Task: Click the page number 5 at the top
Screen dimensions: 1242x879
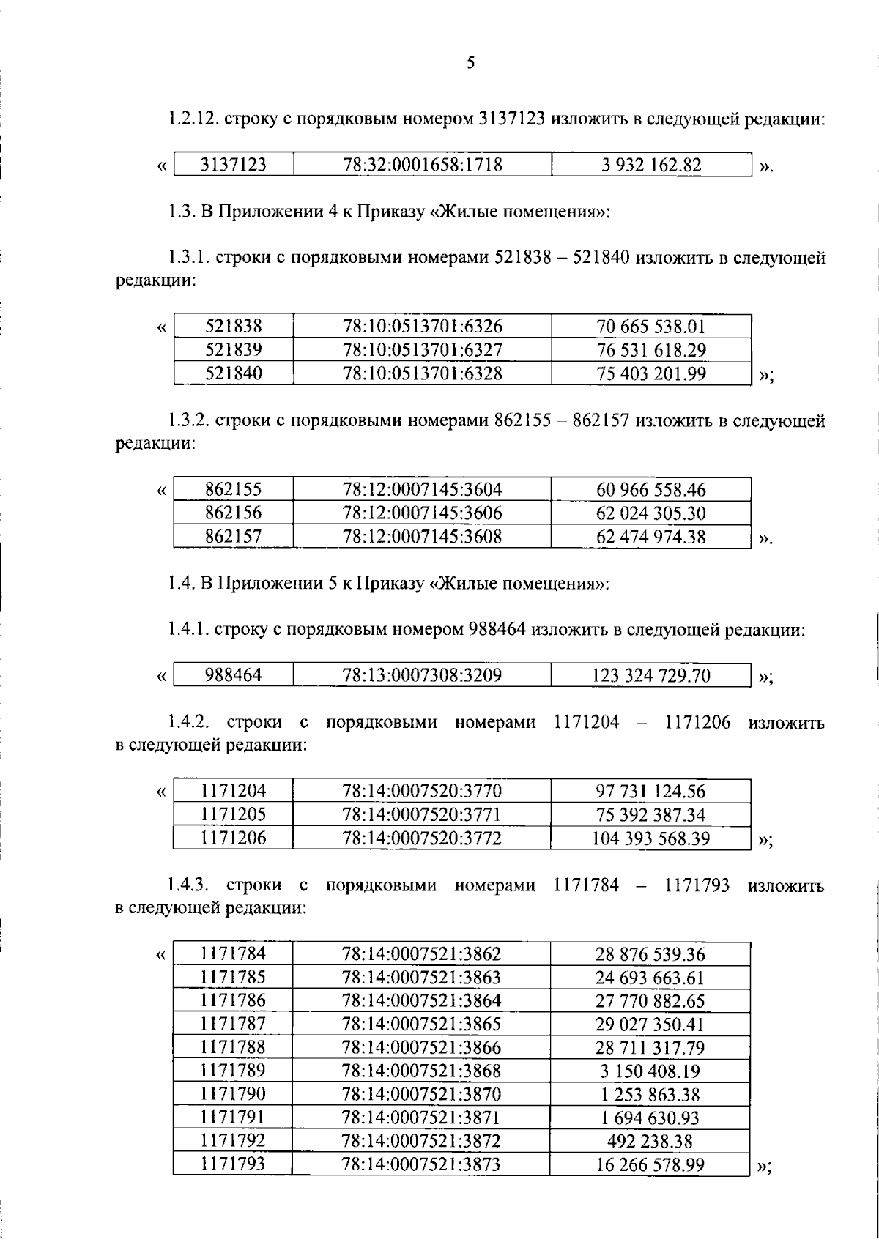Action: [x=470, y=63]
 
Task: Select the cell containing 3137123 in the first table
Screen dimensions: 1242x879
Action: [x=234, y=165]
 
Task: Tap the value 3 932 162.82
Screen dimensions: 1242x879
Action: [x=651, y=165]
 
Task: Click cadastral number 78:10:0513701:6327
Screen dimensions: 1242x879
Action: [x=423, y=350]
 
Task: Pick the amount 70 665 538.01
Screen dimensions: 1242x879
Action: [x=651, y=327]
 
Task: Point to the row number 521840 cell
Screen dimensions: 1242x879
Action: [x=234, y=373]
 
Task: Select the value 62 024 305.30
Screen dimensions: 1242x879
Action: [x=651, y=513]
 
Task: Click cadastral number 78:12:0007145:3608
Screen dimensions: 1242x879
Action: [x=423, y=537]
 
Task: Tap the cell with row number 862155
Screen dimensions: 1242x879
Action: [x=234, y=490]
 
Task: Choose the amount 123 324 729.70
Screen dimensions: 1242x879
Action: [x=651, y=675]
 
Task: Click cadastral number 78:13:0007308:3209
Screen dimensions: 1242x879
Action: [x=423, y=675]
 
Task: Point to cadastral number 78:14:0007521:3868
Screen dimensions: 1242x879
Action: [x=423, y=1071]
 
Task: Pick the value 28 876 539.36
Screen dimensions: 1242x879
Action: [x=651, y=954]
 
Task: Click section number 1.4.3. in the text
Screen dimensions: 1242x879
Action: [x=188, y=886]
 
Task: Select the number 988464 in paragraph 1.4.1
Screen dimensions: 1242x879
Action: [x=497, y=630]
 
